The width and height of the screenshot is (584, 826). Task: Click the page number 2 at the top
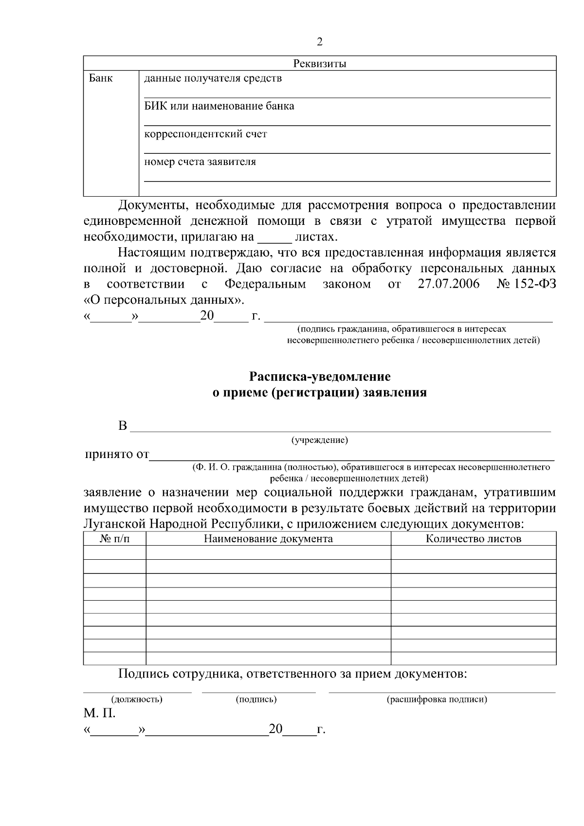(319, 42)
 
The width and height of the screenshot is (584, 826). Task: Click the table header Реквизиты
(319, 64)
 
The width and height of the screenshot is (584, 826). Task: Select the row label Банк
(101, 78)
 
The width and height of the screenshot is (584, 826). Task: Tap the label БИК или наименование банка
(219, 106)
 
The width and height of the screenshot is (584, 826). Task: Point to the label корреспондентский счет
(205, 134)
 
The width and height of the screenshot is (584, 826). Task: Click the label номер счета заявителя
(200, 162)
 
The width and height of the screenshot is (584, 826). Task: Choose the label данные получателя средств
(213, 78)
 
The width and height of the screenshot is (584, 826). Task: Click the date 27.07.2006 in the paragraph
(448, 284)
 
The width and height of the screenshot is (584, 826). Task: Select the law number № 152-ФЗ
(526, 284)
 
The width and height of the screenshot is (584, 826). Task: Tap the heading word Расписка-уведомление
(320, 376)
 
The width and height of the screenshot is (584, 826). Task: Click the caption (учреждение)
(319, 441)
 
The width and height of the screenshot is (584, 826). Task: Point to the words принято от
(117, 455)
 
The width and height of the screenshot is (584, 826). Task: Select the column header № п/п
(115, 539)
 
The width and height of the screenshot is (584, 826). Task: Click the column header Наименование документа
(268, 539)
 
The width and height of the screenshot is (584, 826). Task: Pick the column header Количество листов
(474, 539)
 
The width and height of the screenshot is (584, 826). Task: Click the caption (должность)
(137, 699)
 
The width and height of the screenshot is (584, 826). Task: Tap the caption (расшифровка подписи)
(437, 699)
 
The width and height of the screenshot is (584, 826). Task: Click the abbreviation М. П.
(99, 714)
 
